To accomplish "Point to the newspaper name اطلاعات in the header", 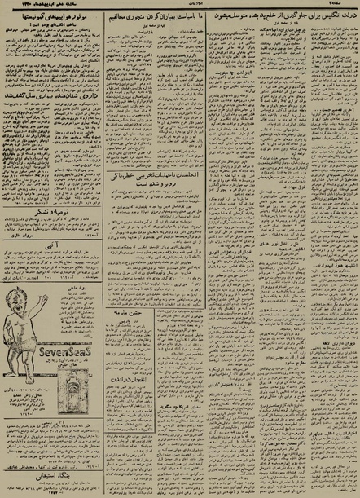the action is point(179,6).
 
